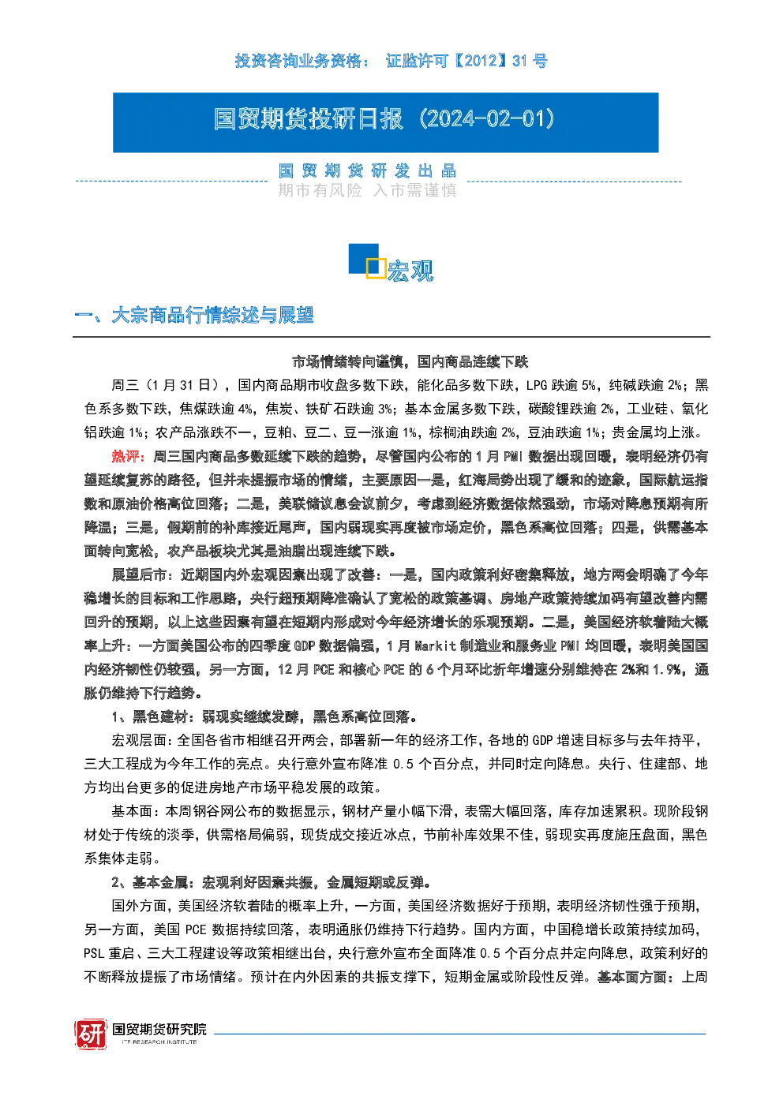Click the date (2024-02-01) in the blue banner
[486, 119]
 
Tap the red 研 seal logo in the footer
[91, 1034]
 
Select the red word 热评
[126, 456]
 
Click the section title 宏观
[410, 271]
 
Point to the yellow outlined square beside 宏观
[376, 267]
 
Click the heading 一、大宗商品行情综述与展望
[193, 316]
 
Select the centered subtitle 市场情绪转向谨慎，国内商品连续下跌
[410, 361]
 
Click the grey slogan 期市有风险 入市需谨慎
[367, 190]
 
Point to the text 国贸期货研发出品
[367, 171]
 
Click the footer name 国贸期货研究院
[159, 1029]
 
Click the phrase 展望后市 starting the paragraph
[139, 574]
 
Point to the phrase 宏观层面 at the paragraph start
[140, 740]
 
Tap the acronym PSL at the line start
[94, 953]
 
